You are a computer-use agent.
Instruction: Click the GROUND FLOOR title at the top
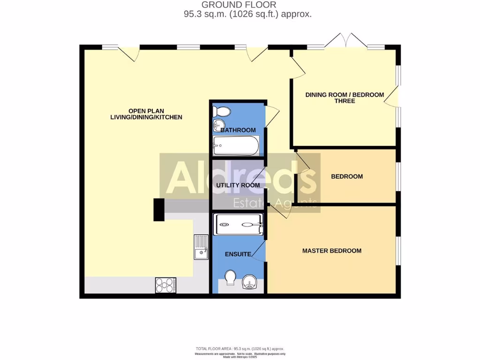coord(240,5)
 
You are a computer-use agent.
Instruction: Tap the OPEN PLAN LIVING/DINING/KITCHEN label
coord(145,114)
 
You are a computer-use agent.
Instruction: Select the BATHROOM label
coord(238,130)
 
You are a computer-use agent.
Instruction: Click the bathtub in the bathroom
coord(236,146)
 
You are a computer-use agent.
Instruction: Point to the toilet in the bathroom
coord(221,112)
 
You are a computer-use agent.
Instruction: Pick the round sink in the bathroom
coord(217,125)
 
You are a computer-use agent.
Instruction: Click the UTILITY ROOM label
coord(238,185)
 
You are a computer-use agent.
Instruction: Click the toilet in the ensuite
coord(230,278)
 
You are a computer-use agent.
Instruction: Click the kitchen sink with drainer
coord(201,247)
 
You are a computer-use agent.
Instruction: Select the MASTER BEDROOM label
coord(331,251)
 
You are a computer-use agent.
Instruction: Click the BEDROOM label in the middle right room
coord(347,177)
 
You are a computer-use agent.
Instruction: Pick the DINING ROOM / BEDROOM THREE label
coord(345,97)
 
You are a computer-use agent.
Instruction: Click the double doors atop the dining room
coord(346,41)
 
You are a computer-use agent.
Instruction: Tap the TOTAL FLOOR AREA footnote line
coord(240,349)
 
